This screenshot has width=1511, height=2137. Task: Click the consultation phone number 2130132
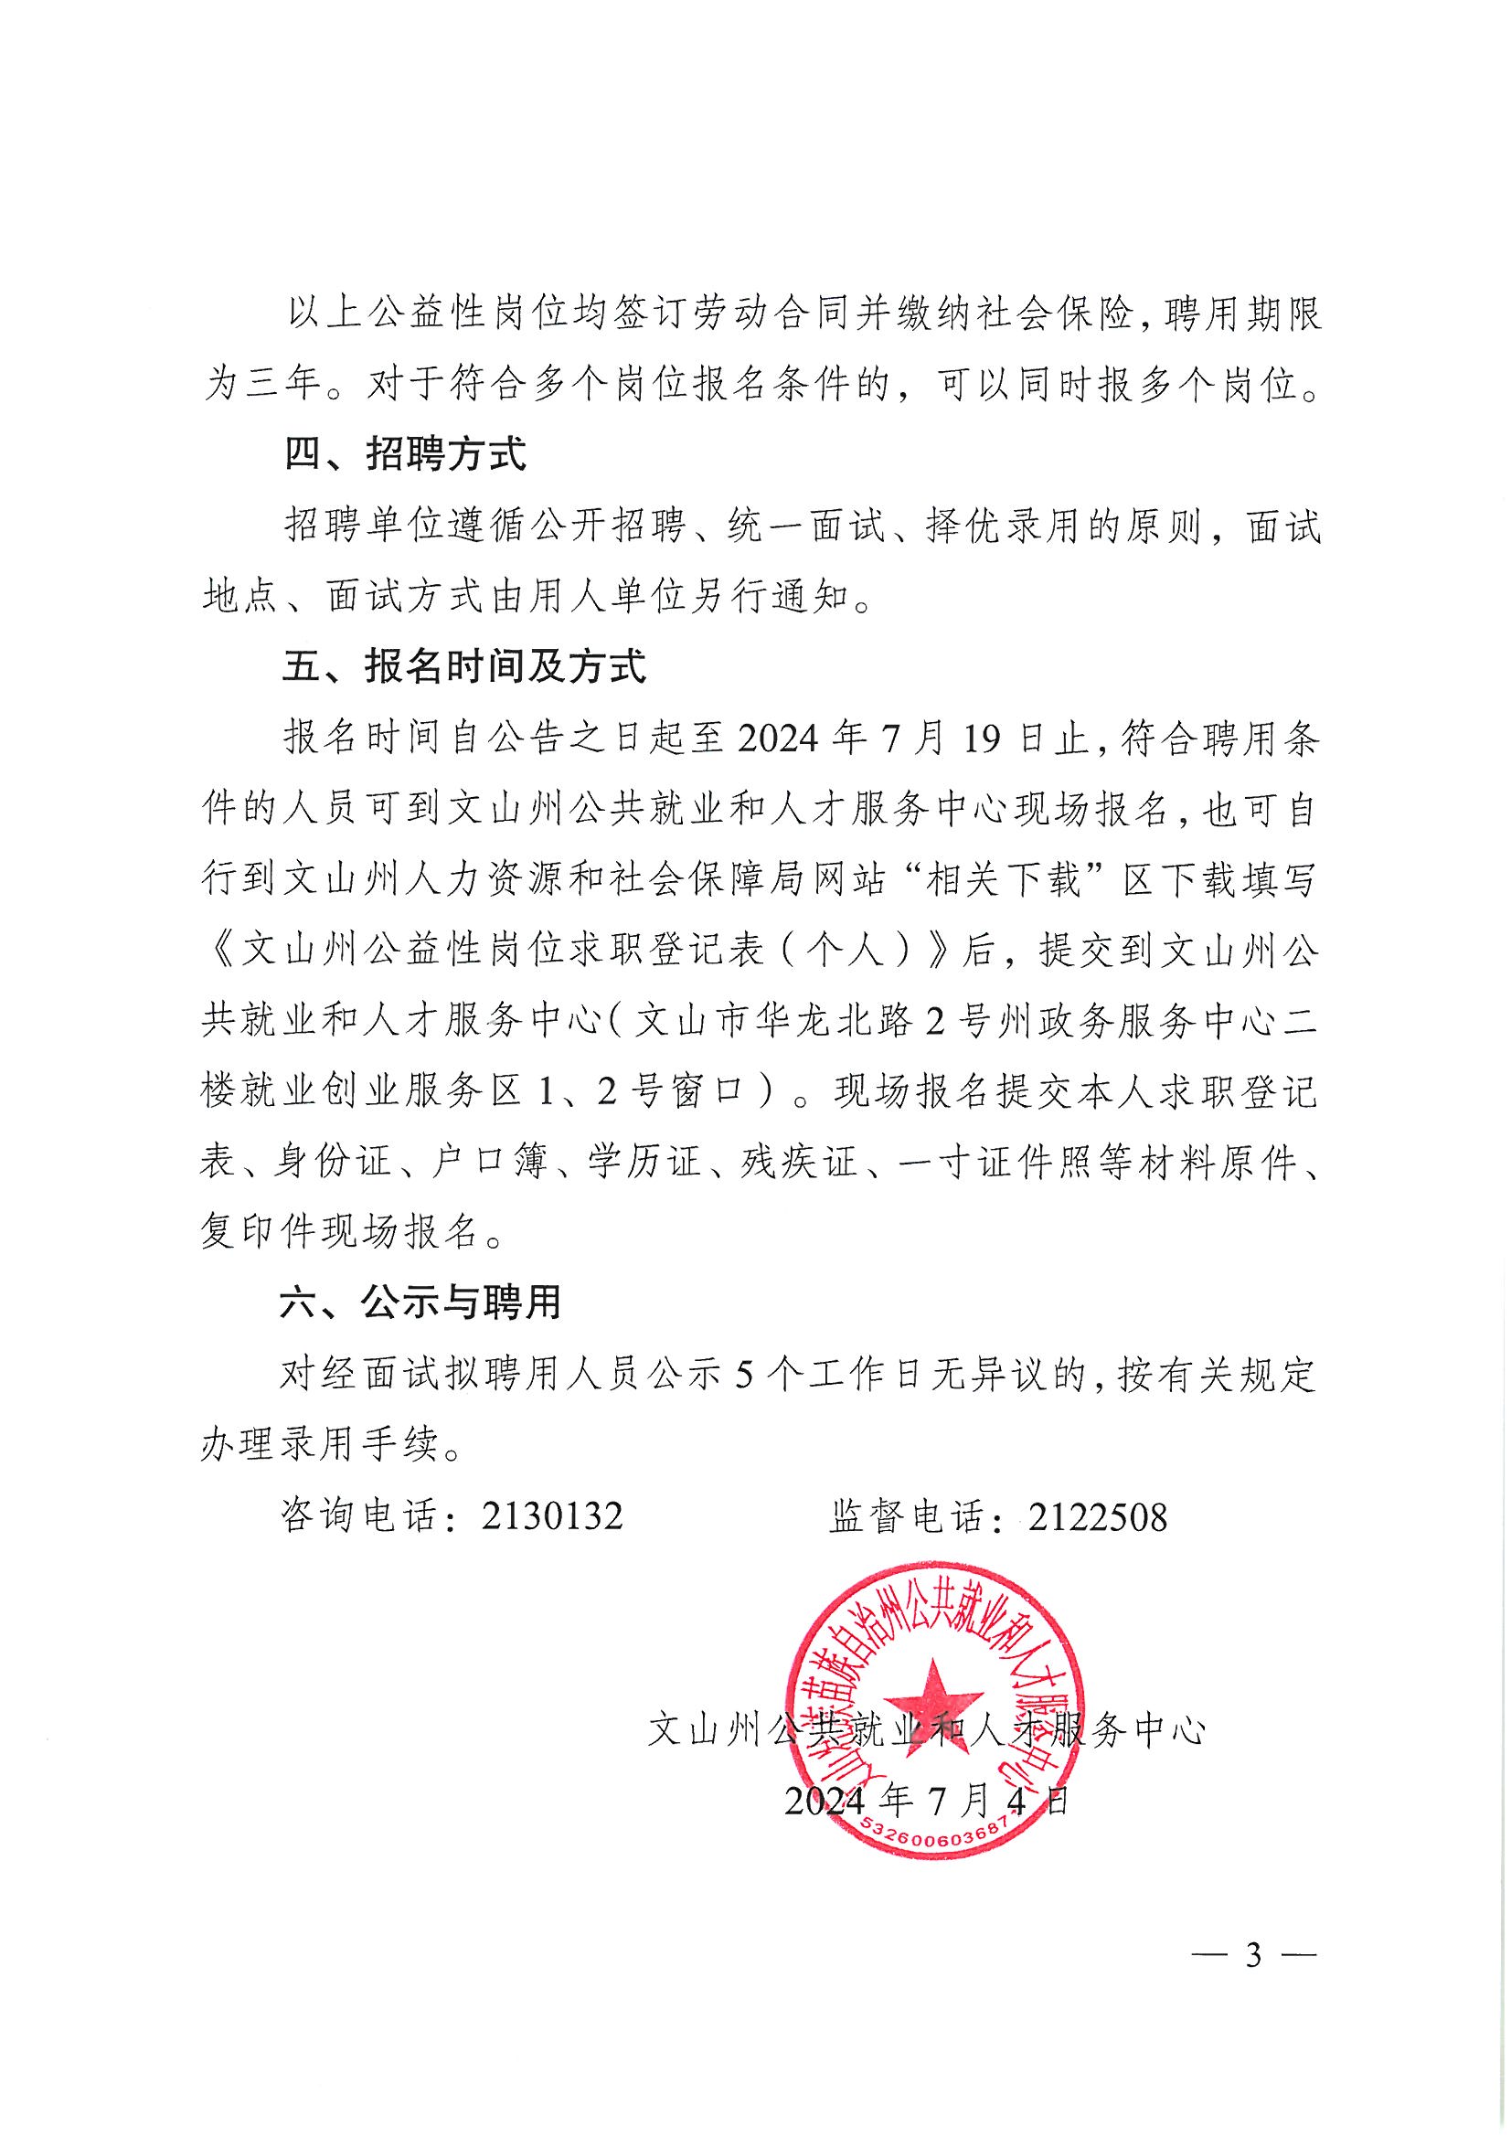(x=552, y=1516)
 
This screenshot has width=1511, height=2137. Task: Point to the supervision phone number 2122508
(x=1096, y=1516)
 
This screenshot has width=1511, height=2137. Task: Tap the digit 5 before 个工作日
(x=742, y=1375)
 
